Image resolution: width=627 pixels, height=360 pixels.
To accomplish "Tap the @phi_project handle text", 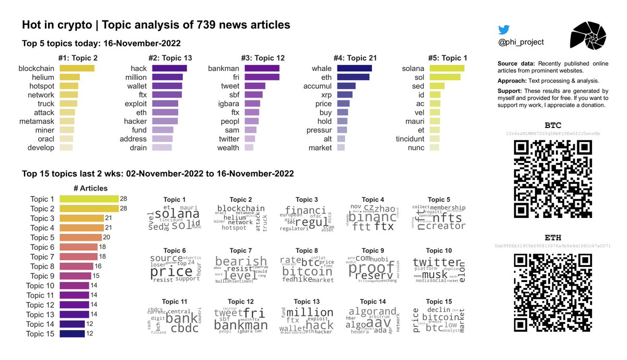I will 521,42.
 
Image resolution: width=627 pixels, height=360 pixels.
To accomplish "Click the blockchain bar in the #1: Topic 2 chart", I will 77,68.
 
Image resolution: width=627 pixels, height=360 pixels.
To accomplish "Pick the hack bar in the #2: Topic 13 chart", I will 169,68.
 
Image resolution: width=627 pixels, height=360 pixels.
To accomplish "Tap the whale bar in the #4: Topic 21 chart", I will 354,68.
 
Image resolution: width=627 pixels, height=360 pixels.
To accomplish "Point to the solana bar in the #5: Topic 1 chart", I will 447,68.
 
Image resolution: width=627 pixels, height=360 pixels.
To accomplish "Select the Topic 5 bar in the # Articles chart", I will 80,237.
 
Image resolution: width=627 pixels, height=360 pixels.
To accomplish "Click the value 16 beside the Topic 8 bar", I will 98,266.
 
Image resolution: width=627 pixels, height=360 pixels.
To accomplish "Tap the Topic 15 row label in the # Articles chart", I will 40,334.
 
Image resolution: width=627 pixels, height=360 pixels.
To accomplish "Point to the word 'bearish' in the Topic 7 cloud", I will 241,261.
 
